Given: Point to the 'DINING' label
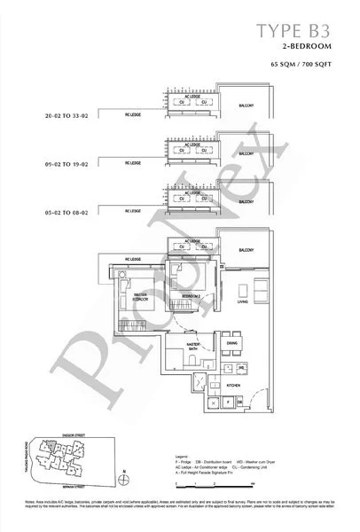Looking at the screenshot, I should point(231,343).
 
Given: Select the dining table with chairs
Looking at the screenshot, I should point(231,357).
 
